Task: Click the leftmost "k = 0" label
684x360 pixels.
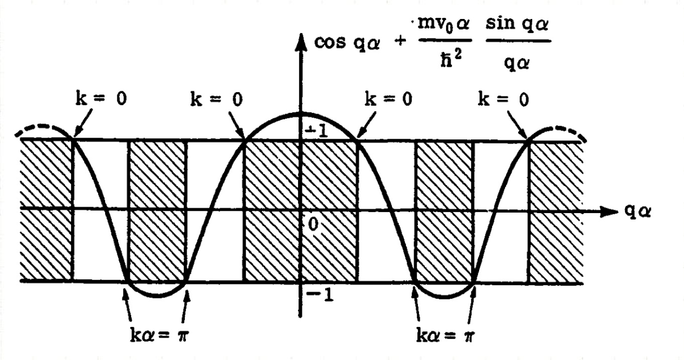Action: click(101, 101)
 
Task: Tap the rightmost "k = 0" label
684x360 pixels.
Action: click(504, 101)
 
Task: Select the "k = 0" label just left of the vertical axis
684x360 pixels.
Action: click(217, 101)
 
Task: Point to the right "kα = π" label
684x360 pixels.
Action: click(444, 331)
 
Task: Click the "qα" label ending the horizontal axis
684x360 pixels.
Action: click(637, 211)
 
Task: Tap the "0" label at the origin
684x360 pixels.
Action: click(311, 223)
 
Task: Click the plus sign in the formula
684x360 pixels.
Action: click(402, 44)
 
